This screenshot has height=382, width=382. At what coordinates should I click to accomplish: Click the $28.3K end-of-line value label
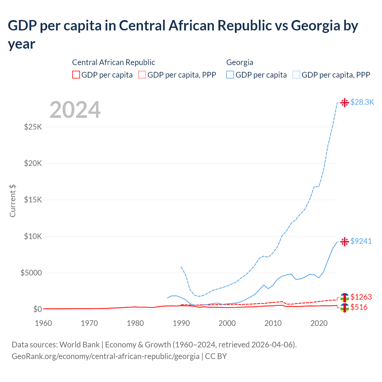tap(362, 102)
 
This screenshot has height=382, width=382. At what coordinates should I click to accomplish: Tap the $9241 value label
tap(361, 241)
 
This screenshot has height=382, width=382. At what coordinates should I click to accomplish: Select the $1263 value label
tap(361, 297)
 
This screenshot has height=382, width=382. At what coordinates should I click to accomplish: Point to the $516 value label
tap(359, 307)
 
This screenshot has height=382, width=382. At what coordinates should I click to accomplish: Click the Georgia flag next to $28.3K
tap(345, 102)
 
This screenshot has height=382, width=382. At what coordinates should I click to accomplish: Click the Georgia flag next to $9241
tap(345, 241)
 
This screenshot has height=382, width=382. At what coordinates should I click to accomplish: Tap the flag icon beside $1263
tap(345, 297)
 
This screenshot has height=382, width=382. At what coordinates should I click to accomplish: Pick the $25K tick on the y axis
tap(33, 127)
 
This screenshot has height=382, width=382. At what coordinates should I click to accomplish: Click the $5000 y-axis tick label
tap(31, 273)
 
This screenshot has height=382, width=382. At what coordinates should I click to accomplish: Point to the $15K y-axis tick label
tap(33, 200)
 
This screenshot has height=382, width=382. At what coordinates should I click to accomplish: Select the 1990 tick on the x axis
tap(181, 323)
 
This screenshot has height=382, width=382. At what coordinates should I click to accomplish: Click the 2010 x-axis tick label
tap(273, 323)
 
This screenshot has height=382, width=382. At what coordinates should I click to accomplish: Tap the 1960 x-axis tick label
tap(44, 323)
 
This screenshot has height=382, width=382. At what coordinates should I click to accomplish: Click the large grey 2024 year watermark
tap(75, 110)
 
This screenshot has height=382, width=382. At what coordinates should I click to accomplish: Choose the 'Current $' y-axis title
tap(13, 201)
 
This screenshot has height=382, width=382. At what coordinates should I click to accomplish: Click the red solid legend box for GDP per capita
tap(76, 75)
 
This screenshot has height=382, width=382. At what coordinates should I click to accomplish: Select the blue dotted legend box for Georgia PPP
tap(296, 75)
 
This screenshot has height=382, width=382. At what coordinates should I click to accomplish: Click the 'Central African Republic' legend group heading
tap(113, 62)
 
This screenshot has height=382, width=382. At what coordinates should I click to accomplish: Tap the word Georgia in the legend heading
tap(240, 62)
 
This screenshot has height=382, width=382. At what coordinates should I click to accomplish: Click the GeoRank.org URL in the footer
tap(105, 356)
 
